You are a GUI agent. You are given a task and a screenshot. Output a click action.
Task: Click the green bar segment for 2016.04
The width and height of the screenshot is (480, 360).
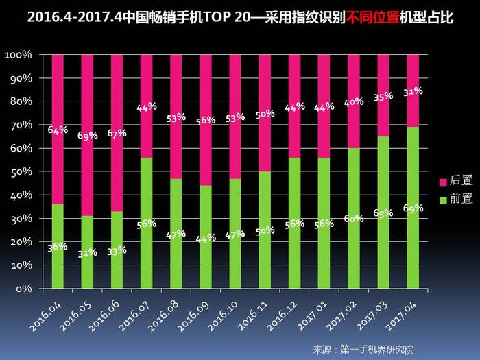[58, 261]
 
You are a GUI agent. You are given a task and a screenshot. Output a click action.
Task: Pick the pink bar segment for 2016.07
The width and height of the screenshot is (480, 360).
[146, 82]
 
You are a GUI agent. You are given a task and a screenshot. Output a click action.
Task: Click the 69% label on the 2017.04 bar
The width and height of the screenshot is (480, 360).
[412, 208]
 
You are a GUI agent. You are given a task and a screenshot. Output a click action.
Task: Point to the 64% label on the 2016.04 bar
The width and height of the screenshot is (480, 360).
[58, 129]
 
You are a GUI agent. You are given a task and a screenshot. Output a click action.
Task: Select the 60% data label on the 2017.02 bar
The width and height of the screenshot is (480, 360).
[354, 218]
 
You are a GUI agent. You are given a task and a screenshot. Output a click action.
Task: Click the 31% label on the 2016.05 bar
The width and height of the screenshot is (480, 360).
[87, 253]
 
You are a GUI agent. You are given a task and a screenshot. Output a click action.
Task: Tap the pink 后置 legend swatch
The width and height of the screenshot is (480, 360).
[442, 182]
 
